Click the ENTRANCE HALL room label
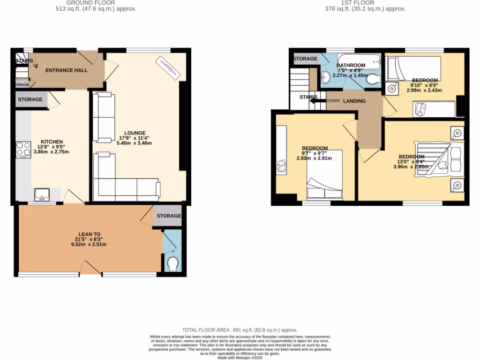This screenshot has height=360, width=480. pos(67,70)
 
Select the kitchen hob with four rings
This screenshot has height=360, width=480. pos(23,149)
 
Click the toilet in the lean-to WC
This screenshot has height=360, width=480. pos(172,264)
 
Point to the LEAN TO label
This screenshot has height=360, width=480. pos(89,234)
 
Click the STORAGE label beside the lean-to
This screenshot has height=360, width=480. pos(168,216)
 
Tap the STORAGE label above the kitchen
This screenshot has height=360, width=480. pos(30,99)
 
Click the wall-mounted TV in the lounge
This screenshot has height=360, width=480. pos(167,65)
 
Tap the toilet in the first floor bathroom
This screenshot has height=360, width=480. pos(373,80)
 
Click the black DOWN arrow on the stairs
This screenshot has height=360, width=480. pos(318,100)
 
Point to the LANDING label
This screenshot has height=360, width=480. pos(354,101)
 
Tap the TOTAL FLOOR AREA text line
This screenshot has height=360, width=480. pos(240,330)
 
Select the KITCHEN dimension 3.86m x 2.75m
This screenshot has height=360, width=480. pos(52,152)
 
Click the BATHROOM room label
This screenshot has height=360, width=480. pos(351,65)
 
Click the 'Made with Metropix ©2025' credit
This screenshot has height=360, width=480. pos(240,358)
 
